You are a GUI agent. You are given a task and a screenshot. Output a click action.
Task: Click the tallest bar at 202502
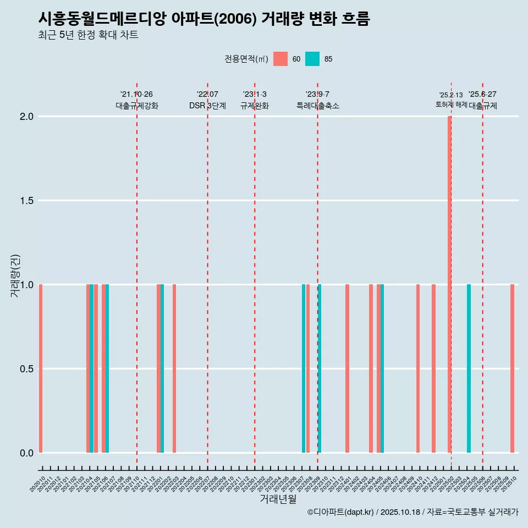(449, 284)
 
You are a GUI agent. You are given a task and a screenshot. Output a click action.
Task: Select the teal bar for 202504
(469, 369)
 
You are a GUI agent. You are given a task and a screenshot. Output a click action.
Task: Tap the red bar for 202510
(512, 369)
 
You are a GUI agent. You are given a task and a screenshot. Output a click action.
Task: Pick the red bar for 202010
(41, 369)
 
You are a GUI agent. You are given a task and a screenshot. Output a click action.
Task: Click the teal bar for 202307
(304, 369)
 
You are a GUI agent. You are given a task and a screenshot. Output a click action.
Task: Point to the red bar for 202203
(174, 369)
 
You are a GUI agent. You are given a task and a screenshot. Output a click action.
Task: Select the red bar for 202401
(347, 369)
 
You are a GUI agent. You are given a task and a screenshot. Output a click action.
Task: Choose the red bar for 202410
(418, 369)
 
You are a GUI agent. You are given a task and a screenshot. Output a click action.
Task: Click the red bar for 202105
(96, 369)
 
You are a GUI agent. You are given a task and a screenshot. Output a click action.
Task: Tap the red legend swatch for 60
(280, 59)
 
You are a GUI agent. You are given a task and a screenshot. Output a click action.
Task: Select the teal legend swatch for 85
(312, 59)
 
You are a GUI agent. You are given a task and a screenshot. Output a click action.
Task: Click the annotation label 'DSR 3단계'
(207, 106)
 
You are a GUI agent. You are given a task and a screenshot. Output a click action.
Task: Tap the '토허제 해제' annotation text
(451, 105)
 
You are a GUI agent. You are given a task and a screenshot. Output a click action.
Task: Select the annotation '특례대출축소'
(318, 106)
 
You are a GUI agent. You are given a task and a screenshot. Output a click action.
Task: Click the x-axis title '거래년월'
(278, 499)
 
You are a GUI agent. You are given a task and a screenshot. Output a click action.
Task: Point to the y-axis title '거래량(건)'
(15, 276)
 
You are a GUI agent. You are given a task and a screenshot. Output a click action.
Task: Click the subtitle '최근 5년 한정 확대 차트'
(88, 35)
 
